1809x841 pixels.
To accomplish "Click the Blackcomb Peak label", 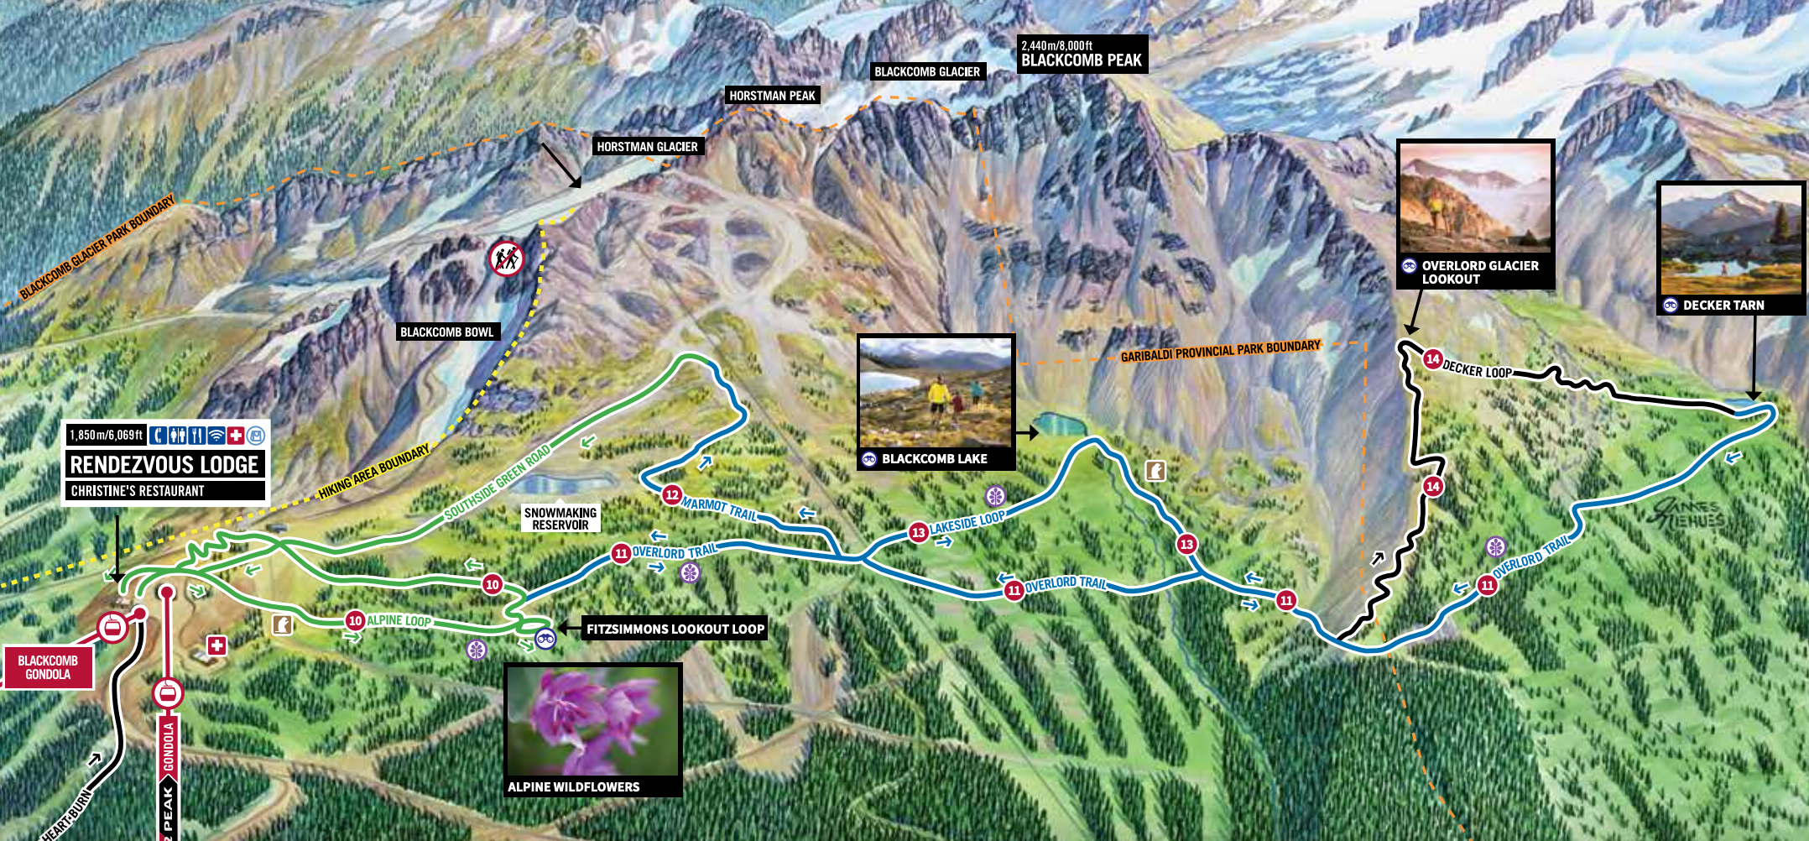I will tap(1081, 60).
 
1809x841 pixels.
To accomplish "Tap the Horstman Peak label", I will tap(772, 96).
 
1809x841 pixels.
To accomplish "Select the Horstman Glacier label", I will tap(647, 147).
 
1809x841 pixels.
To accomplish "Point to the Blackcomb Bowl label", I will tap(446, 332).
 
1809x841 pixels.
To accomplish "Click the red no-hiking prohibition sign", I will tap(507, 259).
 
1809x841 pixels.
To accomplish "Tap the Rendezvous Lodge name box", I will tap(164, 465).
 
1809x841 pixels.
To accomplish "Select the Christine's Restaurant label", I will tap(138, 491).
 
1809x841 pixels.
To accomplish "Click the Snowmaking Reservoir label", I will tap(560, 519).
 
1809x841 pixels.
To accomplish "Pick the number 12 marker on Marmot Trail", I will tap(671, 494).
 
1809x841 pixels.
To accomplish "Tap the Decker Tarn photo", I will tap(1731, 239).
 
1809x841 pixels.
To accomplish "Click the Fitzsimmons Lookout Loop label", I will tap(675, 629).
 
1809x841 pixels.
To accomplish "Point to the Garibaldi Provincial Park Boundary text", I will tap(1220, 351).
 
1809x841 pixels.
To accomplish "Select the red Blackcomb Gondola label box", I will tap(48, 667).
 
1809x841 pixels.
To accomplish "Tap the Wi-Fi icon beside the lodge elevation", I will tap(216, 435).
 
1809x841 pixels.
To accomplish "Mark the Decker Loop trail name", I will tap(1477, 369).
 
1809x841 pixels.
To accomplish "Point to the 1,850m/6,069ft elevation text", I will tap(107, 435).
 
